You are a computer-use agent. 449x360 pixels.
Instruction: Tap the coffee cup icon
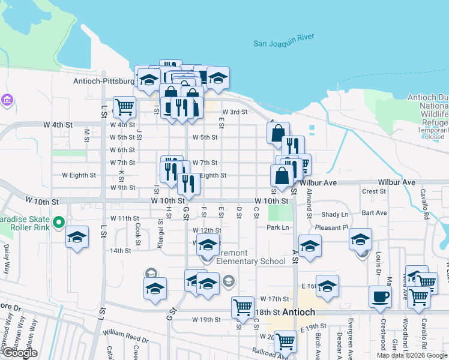pos(380,296)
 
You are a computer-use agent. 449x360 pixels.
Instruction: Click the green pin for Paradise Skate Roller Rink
pos(59,223)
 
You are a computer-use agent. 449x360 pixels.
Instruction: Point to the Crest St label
pos(374,191)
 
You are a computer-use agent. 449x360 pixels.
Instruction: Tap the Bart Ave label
pos(375,213)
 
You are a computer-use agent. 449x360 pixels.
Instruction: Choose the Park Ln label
pos(278,227)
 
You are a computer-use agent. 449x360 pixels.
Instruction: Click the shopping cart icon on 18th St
pos(243,307)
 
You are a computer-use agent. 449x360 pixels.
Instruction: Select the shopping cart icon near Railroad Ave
pos(286,341)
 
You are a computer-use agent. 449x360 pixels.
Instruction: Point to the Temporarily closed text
pos(427,133)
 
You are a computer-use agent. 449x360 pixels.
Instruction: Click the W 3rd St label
pos(235,112)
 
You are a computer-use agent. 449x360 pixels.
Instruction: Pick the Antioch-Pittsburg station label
pos(104,81)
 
